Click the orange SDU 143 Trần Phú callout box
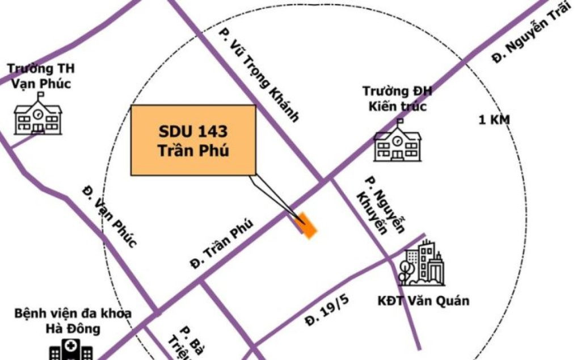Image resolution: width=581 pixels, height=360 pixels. [193, 140]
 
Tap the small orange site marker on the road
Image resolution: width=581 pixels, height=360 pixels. [307, 225]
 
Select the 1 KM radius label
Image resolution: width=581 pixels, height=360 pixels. [494, 120]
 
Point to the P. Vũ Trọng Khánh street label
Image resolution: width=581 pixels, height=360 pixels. [258, 77]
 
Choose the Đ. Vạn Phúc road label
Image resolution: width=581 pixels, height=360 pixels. [110, 215]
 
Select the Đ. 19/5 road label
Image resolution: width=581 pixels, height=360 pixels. [327, 311]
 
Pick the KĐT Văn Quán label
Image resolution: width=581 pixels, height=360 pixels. [423, 300]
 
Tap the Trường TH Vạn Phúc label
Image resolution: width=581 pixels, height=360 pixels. [40, 76]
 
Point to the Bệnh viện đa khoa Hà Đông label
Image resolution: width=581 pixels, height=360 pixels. [73, 320]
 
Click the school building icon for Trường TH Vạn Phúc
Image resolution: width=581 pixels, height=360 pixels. [37, 117]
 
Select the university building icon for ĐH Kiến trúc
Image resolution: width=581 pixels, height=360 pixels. [397, 142]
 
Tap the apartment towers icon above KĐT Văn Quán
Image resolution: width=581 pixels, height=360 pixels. [423, 264]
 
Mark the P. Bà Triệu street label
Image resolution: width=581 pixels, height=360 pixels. [180, 344]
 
